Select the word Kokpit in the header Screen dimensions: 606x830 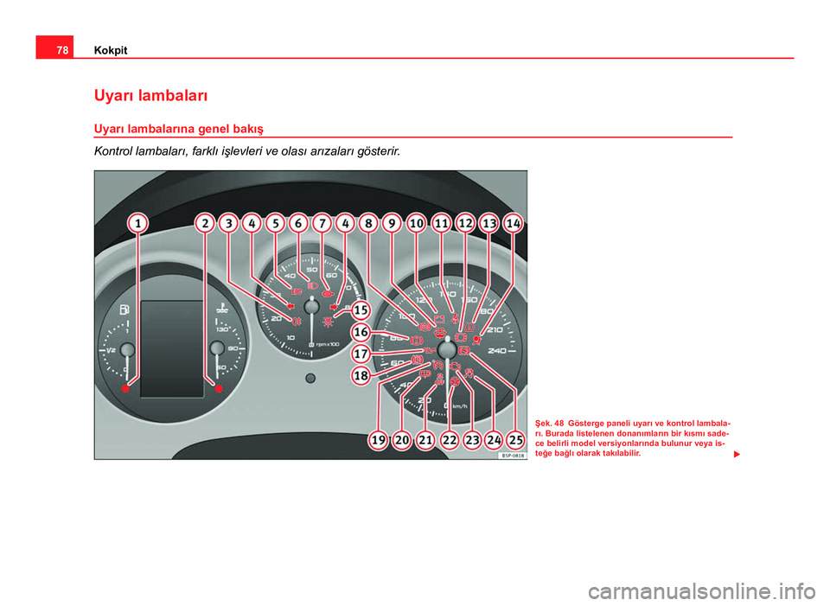[x=110, y=50]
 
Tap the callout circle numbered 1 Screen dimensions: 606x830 [x=137, y=224]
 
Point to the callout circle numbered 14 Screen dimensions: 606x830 [x=514, y=223]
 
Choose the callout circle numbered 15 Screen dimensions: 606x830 [x=361, y=309]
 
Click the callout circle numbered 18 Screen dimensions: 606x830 [x=361, y=375]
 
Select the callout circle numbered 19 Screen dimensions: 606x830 [x=378, y=440]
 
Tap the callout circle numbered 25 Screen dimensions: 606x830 [x=516, y=440]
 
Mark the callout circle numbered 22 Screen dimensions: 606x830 [x=450, y=440]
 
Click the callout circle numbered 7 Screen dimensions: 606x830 [x=322, y=223]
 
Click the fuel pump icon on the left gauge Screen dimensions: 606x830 [x=126, y=309]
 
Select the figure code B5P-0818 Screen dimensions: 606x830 [x=512, y=455]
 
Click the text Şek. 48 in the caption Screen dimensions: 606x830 [x=552, y=423]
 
